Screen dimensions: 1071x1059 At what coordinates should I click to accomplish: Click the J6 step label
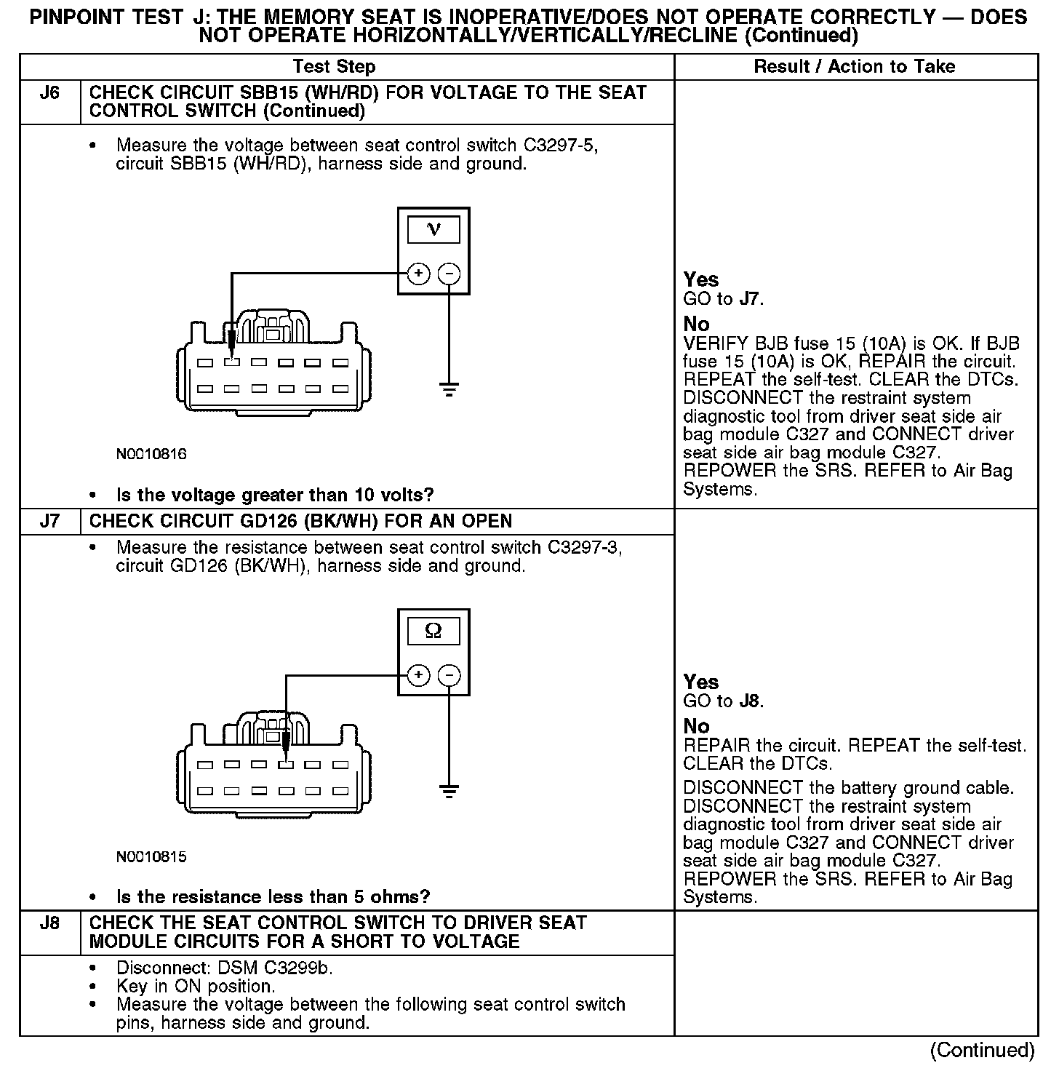pyautogui.click(x=49, y=93)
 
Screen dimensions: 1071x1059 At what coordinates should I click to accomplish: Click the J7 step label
pyautogui.click(x=49, y=522)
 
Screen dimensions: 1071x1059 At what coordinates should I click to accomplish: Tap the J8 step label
pyautogui.click(x=49, y=923)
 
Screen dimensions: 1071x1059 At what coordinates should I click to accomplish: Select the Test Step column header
pyautogui.click(x=334, y=67)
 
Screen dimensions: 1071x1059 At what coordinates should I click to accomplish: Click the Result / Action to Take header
pyautogui.click(x=855, y=67)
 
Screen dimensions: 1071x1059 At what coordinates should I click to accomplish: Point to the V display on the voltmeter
pyautogui.click(x=433, y=230)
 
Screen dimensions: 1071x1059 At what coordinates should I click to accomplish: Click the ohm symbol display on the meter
pyautogui.click(x=433, y=632)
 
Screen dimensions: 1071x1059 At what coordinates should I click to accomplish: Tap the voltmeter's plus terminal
pyautogui.click(x=417, y=274)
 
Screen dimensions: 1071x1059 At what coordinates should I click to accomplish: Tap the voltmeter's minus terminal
pyautogui.click(x=449, y=274)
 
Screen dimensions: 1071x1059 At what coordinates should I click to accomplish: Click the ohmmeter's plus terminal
pyautogui.click(x=417, y=676)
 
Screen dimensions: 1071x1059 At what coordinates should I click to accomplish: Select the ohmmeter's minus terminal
pyautogui.click(x=449, y=676)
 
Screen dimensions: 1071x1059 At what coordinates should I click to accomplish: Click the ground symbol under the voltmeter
pyautogui.click(x=449, y=389)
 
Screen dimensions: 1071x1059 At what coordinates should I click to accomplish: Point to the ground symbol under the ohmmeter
pyautogui.click(x=449, y=792)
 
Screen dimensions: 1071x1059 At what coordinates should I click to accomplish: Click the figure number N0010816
pyautogui.click(x=151, y=454)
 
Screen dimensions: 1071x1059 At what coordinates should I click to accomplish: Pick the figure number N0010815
pyautogui.click(x=151, y=856)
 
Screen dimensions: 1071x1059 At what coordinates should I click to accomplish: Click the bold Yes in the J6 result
pyautogui.click(x=701, y=279)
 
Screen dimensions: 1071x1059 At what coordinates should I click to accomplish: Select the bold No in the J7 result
pyautogui.click(x=696, y=726)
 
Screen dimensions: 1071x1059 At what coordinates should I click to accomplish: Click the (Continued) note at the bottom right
pyautogui.click(x=982, y=1050)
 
